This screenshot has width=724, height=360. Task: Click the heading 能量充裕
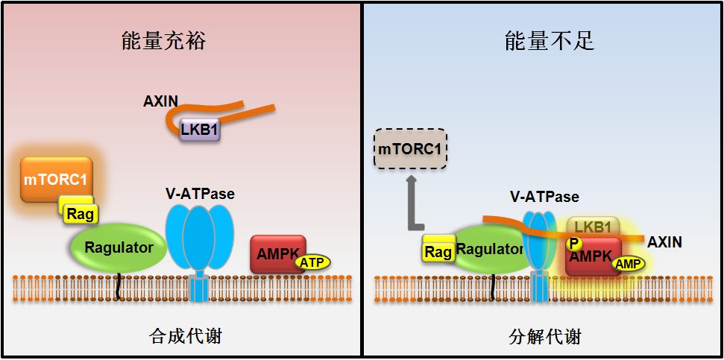coord(163,41)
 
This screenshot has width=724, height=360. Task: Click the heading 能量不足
coord(550,41)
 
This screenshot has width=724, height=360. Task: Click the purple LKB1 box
coord(199,130)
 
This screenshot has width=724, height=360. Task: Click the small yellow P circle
coord(573,243)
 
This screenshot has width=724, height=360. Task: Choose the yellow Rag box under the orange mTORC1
coord(78,213)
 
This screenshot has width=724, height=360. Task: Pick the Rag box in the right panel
coord(438,251)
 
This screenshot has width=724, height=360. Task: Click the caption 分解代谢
coord(545,336)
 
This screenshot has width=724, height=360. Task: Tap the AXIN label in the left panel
coord(160,101)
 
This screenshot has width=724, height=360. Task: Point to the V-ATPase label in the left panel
coord(200,194)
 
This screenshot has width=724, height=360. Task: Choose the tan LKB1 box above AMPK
coord(594,227)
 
